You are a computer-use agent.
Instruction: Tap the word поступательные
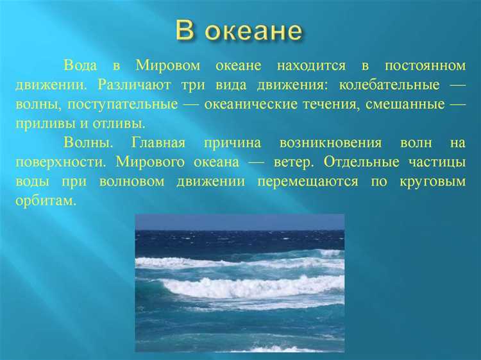click(x=129, y=105)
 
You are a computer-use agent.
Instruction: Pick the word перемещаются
click(x=308, y=181)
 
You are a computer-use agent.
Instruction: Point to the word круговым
click(x=430, y=181)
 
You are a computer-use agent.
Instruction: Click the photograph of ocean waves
click(x=239, y=282)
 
